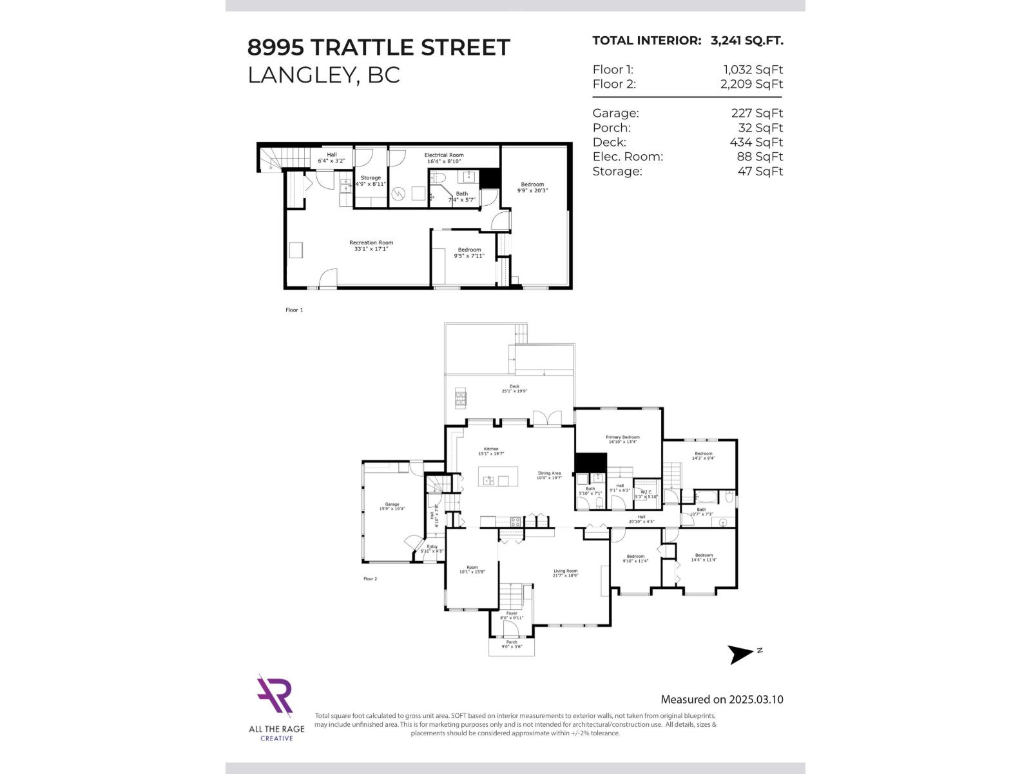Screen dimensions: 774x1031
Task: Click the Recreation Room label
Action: [371, 243]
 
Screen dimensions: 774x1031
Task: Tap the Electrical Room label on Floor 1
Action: [444, 155]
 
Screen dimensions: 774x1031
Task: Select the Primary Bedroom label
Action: [622, 437]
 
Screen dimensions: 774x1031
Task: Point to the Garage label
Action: [392, 504]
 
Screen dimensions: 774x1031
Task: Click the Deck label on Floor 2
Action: [514, 386]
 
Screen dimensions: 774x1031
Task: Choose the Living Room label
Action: [566, 571]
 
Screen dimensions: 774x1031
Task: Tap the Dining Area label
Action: [549, 473]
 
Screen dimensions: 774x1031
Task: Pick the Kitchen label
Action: [491, 449]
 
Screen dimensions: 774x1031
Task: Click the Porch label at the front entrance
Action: [512, 642]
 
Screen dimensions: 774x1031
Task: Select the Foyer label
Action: [512, 613]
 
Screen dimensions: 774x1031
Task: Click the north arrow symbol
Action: [741, 654]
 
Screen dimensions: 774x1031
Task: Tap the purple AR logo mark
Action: [275, 696]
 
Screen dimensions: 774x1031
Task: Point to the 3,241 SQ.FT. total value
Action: [747, 41]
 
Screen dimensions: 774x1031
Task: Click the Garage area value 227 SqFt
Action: [757, 113]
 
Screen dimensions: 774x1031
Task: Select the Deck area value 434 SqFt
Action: [756, 142]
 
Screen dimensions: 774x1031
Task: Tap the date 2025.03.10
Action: [756, 699]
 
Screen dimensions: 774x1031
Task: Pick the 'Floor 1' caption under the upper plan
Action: [294, 310]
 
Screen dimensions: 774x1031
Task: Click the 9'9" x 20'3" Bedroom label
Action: [532, 188]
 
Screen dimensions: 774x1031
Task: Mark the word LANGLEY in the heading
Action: [300, 75]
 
